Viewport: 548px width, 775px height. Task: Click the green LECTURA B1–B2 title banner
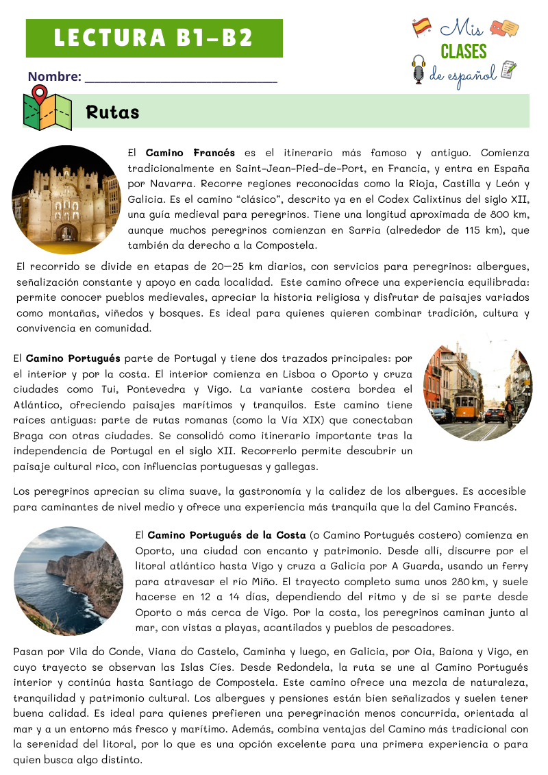pos(154,38)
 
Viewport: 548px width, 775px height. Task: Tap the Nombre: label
pos(54,77)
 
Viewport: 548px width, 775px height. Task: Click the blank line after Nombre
pos(181,78)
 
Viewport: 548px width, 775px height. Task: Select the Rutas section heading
pos(113,112)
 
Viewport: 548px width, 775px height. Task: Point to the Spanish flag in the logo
pos(421,27)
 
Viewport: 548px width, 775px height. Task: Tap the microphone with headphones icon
pos(419,70)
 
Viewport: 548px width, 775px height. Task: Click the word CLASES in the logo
pos(464,52)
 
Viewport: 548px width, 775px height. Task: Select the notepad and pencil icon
pos(508,70)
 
